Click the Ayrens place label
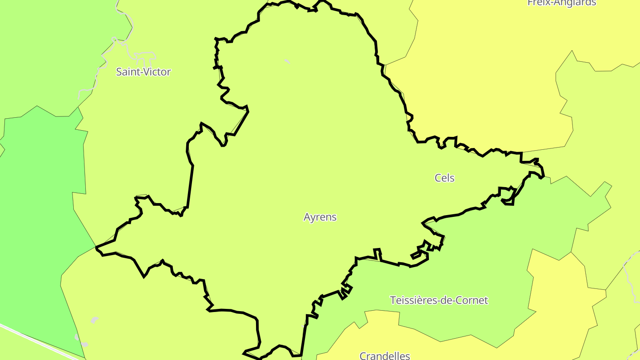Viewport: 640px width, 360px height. [320, 217]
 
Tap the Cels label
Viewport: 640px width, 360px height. [444, 178]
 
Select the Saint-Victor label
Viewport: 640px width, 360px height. [143, 72]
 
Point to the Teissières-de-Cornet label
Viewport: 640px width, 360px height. [439, 300]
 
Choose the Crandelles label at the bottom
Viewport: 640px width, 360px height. [384, 356]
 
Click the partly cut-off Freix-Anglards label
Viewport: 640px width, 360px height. [562, 3]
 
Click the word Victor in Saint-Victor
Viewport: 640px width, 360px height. [156, 72]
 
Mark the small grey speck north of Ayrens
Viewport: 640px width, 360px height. [287, 61]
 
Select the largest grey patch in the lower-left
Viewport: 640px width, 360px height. [94, 320]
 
